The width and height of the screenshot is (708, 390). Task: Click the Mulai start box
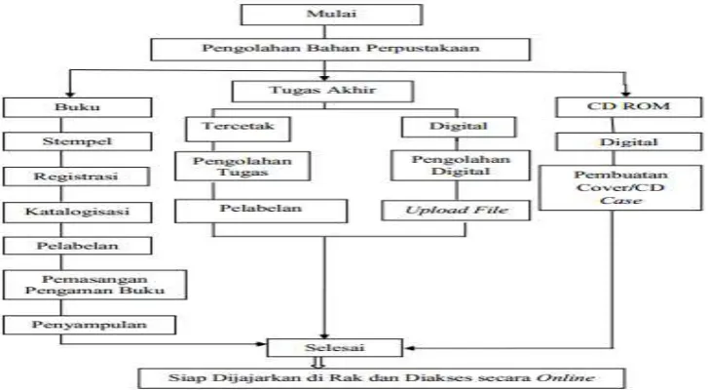(331, 15)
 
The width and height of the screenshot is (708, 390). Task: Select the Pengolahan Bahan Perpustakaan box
(340, 50)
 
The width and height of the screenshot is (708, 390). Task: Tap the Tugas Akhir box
(322, 92)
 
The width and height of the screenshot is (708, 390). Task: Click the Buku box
(77, 107)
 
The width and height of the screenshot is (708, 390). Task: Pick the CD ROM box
(629, 107)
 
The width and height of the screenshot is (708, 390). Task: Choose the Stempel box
(77, 141)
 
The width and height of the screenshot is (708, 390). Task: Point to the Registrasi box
(76, 176)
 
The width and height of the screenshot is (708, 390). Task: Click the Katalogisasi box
(77, 213)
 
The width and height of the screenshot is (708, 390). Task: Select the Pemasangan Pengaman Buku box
(94, 285)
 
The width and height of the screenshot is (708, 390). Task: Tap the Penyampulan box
(89, 325)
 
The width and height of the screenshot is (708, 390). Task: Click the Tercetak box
(238, 129)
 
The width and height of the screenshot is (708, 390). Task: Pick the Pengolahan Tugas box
(242, 167)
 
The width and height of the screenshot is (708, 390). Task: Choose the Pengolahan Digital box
(461, 166)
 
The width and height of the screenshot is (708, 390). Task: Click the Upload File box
(456, 211)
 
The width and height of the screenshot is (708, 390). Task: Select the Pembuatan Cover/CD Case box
(620, 187)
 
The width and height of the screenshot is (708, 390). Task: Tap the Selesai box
(334, 348)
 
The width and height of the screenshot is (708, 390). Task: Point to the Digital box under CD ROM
(629, 142)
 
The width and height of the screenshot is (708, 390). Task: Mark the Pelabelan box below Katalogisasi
(77, 247)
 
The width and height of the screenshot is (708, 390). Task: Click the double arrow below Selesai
(318, 363)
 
